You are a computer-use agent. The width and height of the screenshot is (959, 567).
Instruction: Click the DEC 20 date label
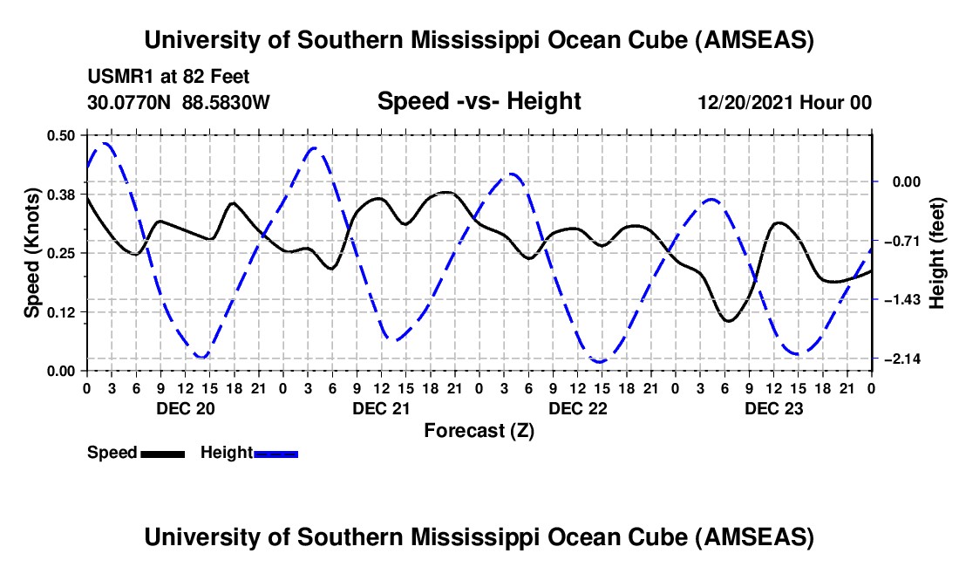click(x=185, y=408)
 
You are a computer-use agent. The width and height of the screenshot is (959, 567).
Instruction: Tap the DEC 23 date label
click(x=773, y=408)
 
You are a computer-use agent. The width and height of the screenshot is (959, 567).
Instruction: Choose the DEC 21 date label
click(x=381, y=408)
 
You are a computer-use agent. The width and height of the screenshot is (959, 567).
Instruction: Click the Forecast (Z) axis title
click(x=479, y=430)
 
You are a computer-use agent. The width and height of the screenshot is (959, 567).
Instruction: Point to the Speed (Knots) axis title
click(x=31, y=252)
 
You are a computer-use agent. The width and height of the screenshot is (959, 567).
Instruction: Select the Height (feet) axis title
click(x=938, y=252)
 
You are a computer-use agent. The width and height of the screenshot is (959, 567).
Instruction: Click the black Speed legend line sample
click(x=161, y=454)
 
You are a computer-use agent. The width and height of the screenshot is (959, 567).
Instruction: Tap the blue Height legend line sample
click(x=275, y=454)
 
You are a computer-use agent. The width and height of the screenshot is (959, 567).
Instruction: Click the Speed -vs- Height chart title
click(x=479, y=101)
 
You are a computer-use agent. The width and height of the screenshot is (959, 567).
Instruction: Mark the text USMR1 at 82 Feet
click(x=168, y=77)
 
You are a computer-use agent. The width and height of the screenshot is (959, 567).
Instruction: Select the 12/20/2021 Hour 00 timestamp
click(x=785, y=103)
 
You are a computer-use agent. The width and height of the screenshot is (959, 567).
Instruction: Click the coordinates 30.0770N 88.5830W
click(x=179, y=103)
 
